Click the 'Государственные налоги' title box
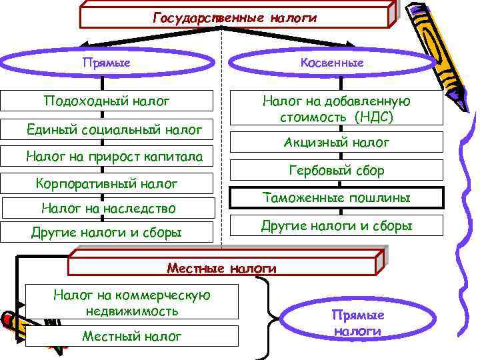point(235,17)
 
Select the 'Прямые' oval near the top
point(106,63)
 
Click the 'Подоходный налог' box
point(107,101)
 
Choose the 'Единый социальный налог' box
point(107,129)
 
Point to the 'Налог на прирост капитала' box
point(107,157)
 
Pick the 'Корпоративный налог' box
point(107,183)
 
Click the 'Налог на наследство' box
point(107,209)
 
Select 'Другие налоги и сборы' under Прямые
point(107,233)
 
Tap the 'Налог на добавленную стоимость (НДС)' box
point(337,109)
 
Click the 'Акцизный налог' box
point(337,143)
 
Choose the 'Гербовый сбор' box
point(337,171)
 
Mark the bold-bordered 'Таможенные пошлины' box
point(337,198)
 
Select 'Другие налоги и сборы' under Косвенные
point(337,226)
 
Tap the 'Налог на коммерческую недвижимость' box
point(131,303)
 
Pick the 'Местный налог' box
point(131,336)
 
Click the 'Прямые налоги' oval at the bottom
point(358,323)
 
